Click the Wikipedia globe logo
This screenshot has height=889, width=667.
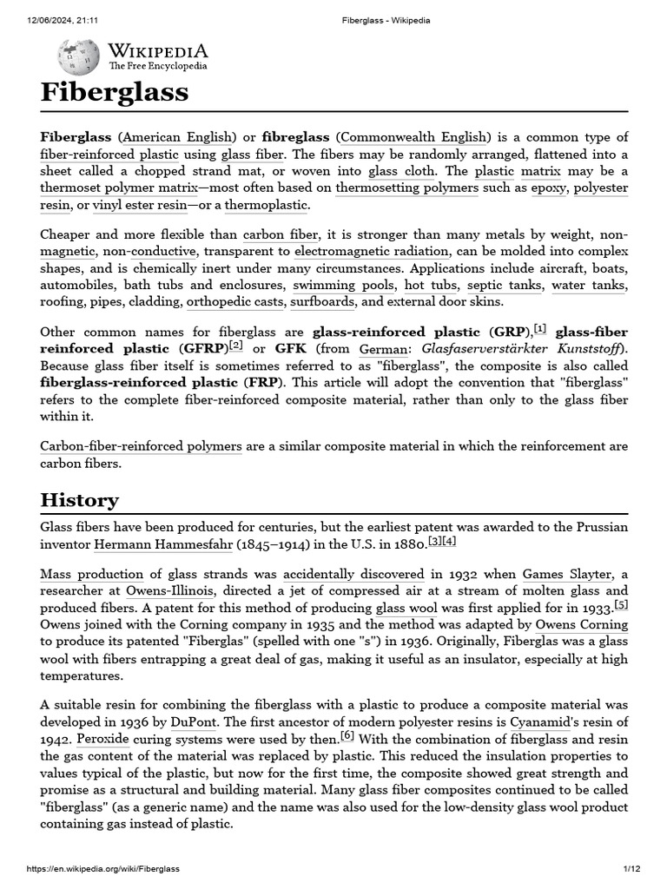tap(78, 57)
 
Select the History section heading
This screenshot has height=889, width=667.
tap(79, 500)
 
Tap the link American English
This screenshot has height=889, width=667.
tap(177, 137)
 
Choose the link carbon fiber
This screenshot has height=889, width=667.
tap(280, 235)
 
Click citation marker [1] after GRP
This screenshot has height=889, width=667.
tap(539, 328)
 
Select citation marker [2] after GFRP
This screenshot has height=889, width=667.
tap(235, 345)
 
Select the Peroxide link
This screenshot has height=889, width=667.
tap(102, 738)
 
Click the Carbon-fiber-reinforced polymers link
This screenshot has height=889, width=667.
tap(141, 446)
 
